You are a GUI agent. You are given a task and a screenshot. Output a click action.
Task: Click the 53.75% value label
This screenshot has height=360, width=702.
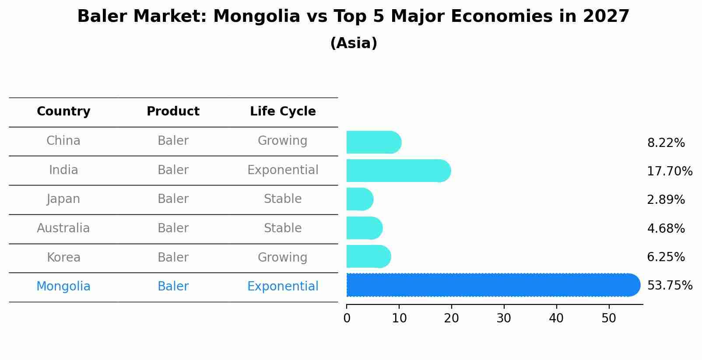pos(670,286)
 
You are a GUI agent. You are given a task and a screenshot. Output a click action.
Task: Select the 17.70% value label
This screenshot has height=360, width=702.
pos(670,171)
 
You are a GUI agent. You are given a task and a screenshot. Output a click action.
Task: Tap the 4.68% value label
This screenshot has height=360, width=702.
pos(666,228)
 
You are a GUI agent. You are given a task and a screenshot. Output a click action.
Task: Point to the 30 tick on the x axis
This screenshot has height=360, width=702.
pos(504,318)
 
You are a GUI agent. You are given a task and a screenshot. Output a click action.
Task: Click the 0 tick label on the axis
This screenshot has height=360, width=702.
pos(347,318)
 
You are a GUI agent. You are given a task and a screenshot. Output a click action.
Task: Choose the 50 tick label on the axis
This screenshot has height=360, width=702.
pos(609,318)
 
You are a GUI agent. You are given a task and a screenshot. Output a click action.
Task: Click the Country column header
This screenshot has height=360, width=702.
pos(63,112)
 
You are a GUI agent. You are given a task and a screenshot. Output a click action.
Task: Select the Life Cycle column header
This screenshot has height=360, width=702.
pos(283,112)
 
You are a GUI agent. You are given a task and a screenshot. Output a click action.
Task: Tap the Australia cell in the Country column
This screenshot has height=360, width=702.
pos(63,228)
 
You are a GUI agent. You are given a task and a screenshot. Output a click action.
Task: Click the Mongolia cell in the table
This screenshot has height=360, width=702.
pos(63,287)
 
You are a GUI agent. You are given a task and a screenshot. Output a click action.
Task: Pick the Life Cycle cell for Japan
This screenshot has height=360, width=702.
pos(283,199)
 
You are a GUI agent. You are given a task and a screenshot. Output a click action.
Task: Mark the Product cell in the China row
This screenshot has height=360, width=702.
pos(173,141)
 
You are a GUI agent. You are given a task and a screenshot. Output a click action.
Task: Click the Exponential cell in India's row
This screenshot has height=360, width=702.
pos(283,170)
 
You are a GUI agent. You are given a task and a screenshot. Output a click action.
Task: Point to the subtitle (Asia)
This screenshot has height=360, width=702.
pos(354,43)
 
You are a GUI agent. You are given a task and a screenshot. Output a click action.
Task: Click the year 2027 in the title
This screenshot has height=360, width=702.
pos(606,17)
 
